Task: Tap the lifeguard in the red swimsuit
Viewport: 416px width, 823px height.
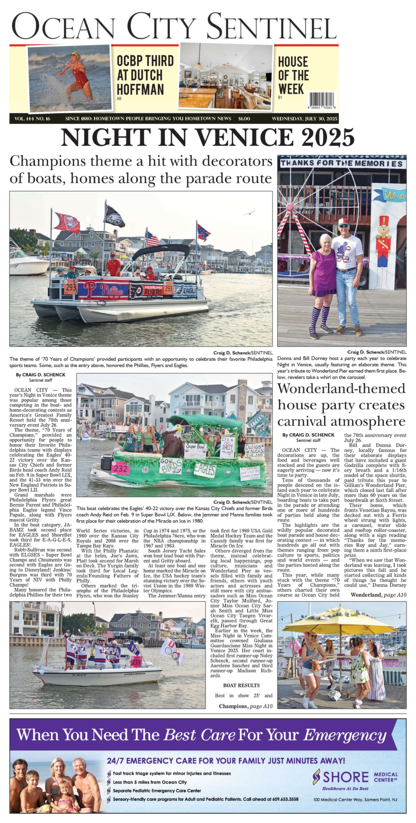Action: pyautogui.click(x=77, y=75)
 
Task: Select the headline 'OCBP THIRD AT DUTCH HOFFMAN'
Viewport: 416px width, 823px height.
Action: pyautogui.click(x=145, y=75)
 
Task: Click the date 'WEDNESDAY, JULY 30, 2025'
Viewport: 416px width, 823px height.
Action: pyautogui.click(x=305, y=119)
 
